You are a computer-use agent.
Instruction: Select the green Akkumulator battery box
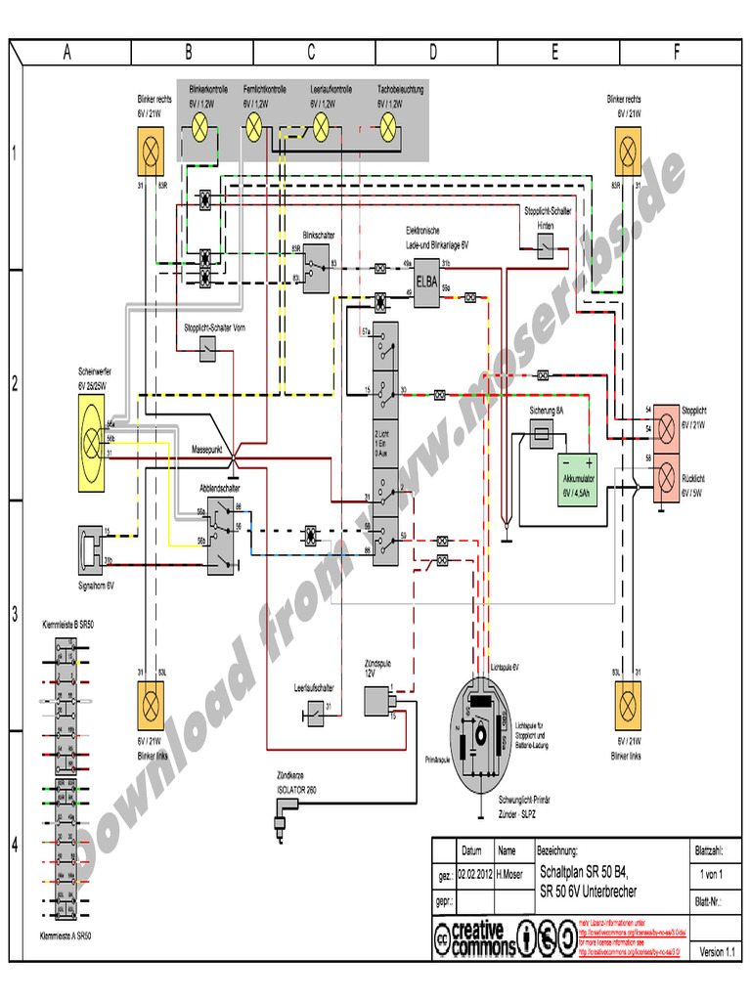click(x=577, y=478)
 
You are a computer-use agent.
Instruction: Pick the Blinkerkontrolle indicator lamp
click(x=200, y=124)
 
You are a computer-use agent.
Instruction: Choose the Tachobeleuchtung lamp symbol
click(x=388, y=124)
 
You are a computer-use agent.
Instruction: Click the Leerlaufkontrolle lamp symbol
click(x=320, y=124)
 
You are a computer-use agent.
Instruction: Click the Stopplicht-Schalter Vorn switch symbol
click(x=207, y=349)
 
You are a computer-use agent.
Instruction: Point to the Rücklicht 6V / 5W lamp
click(x=666, y=478)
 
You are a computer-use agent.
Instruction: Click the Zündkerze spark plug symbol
click(x=286, y=814)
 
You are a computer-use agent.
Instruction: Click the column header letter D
click(x=432, y=53)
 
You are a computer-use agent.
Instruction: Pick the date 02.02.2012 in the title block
click(x=471, y=876)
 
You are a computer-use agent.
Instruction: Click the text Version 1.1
click(x=717, y=951)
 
